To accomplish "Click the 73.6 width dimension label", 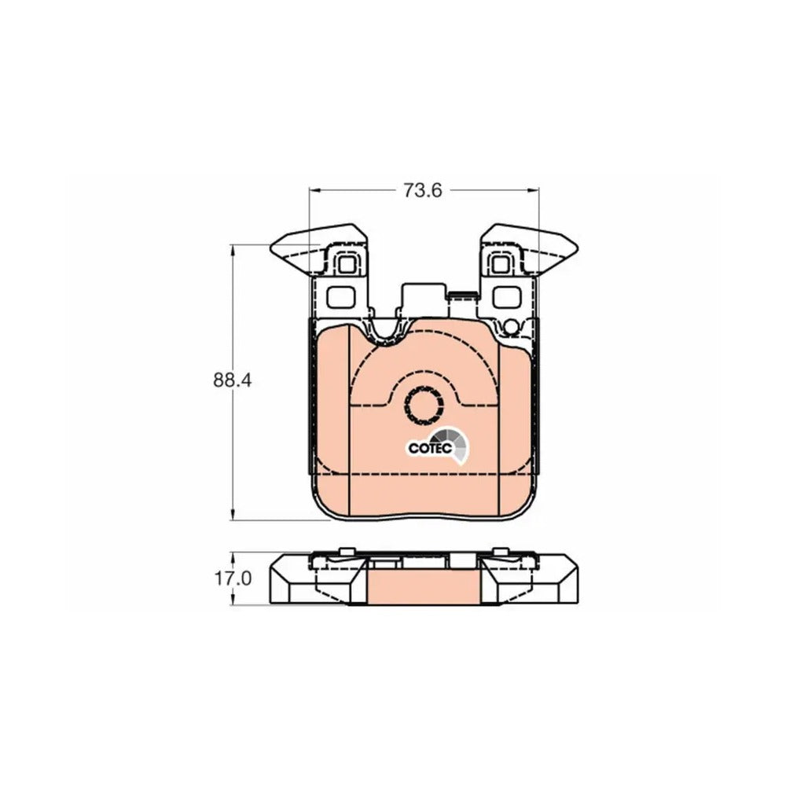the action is [x=423, y=190].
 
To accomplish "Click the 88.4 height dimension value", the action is [x=233, y=380].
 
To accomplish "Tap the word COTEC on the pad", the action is [x=431, y=448].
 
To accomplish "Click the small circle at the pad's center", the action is [x=424, y=405].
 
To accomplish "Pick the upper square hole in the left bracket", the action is [x=346, y=263].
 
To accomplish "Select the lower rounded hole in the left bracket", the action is [x=341, y=297].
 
